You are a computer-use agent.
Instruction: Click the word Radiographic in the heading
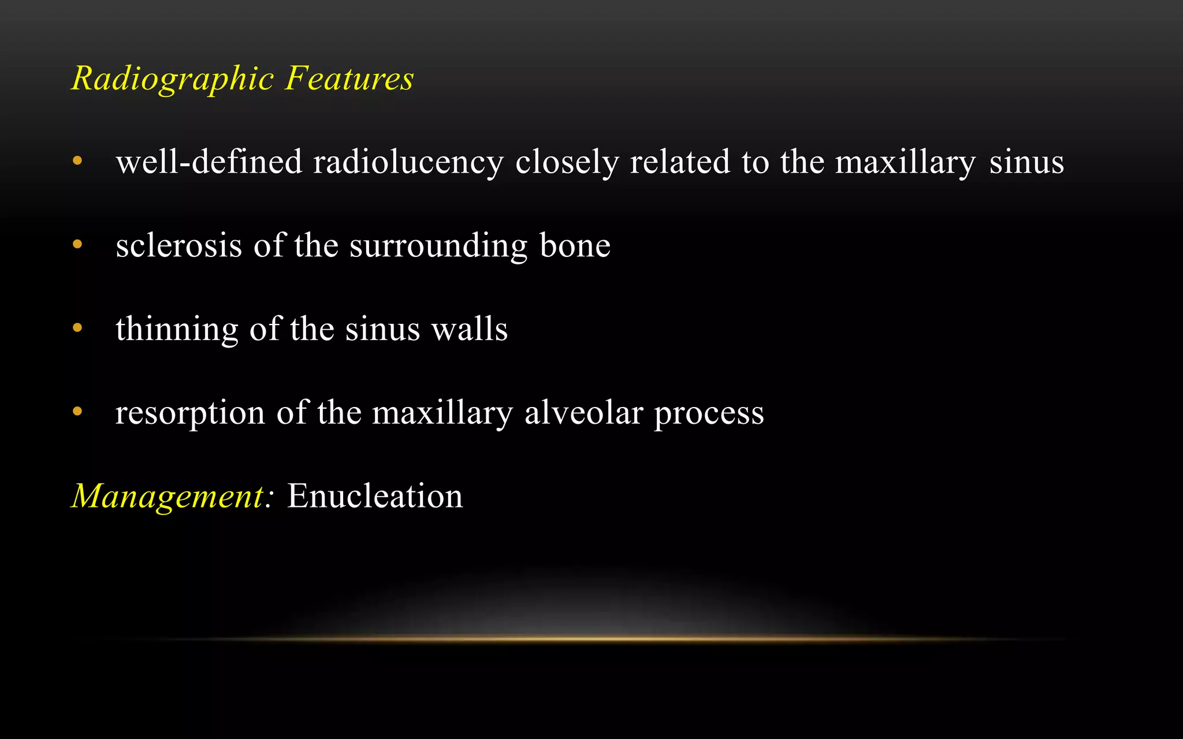(172, 79)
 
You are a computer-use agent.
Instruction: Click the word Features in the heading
(349, 79)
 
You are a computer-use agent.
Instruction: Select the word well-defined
(209, 162)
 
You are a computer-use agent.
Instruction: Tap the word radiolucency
(408, 163)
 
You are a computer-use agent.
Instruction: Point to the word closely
(567, 163)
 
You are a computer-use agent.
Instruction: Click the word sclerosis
(178, 245)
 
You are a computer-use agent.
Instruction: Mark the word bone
(575, 245)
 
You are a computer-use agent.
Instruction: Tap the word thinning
(177, 329)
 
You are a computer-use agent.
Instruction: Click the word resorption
(190, 413)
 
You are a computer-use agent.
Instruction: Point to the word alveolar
(583, 412)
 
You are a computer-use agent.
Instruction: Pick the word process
(709, 413)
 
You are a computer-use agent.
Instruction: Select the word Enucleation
(375, 496)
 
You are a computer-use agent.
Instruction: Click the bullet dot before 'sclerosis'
(77, 244)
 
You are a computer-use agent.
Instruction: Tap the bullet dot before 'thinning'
(77, 328)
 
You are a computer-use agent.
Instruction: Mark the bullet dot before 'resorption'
(77, 412)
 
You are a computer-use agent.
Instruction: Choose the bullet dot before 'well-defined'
(77, 161)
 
